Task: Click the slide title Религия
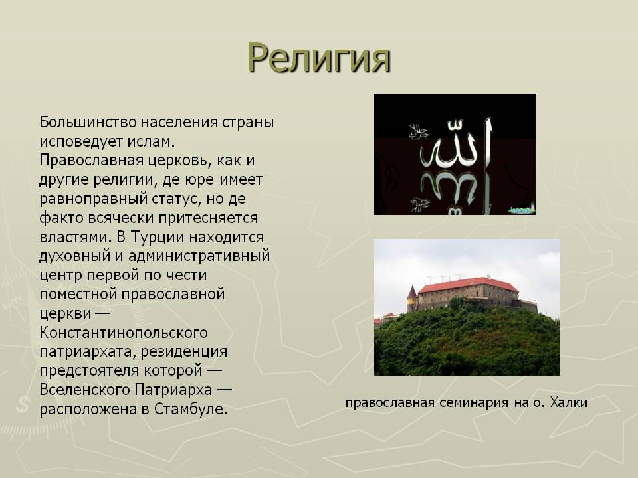pos(319,58)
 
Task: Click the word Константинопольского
pos(124,333)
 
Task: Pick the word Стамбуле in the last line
pos(191,409)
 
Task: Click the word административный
pos(199,256)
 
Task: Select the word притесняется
pos(208,218)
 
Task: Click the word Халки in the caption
pos(568,402)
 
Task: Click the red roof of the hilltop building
pos(469,283)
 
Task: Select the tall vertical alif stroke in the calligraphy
pos(488,142)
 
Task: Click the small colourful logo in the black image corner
pos(522,208)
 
